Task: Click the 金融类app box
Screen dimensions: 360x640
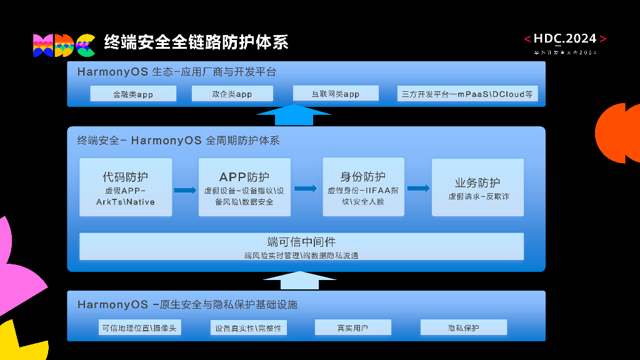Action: [x=133, y=94]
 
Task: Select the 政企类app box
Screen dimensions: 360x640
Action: [x=231, y=94]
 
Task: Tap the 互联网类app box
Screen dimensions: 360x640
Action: [x=336, y=94]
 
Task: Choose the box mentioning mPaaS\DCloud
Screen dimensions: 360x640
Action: [x=467, y=94]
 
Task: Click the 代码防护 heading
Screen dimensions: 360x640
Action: [x=126, y=177]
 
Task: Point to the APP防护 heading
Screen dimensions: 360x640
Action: [x=244, y=177]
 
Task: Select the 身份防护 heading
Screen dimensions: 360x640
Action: [x=362, y=177]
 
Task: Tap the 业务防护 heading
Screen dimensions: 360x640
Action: [x=477, y=182]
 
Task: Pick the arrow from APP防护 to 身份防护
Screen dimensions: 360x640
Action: [x=306, y=188]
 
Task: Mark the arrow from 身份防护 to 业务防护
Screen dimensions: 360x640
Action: [x=418, y=188]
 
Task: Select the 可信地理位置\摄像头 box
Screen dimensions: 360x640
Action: [x=140, y=328]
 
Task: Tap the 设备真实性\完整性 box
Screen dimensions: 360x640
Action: [x=248, y=328]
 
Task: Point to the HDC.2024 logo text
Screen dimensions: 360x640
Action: [x=565, y=39]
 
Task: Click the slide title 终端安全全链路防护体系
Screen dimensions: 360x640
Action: [x=196, y=42]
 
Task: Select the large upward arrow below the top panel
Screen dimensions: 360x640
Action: [x=294, y=116]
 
